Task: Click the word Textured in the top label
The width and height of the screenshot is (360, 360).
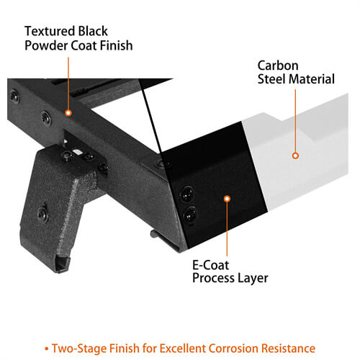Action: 50,31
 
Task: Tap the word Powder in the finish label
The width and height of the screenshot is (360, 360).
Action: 46,45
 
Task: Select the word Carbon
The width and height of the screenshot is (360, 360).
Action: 278,66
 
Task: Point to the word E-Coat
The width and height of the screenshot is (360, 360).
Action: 210,265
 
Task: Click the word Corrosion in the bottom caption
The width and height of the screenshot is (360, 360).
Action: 233,348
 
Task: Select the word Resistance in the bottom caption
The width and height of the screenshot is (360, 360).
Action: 288,348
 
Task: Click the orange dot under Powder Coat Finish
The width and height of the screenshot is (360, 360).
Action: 68,113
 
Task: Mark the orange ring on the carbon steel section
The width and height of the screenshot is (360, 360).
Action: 295,156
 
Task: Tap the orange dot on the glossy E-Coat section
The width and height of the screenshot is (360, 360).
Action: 227,199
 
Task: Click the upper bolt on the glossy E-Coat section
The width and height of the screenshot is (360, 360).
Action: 187,194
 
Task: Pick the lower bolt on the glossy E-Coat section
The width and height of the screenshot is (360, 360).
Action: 190,215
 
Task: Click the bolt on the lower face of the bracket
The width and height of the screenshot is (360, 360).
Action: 42,213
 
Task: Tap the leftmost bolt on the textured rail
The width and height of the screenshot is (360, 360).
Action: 14,96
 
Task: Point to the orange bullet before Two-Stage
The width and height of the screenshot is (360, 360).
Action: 47,348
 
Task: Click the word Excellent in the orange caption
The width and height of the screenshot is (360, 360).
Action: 182,348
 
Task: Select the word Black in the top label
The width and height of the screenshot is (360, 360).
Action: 93,31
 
